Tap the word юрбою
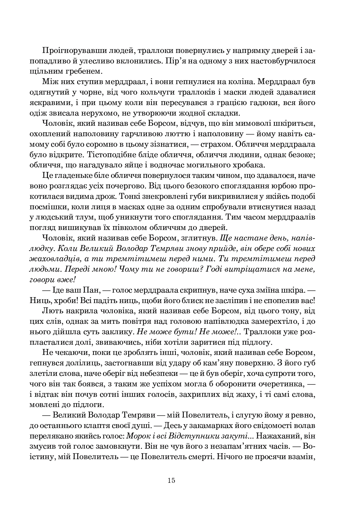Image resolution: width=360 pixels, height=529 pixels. (x=284, y=186)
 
